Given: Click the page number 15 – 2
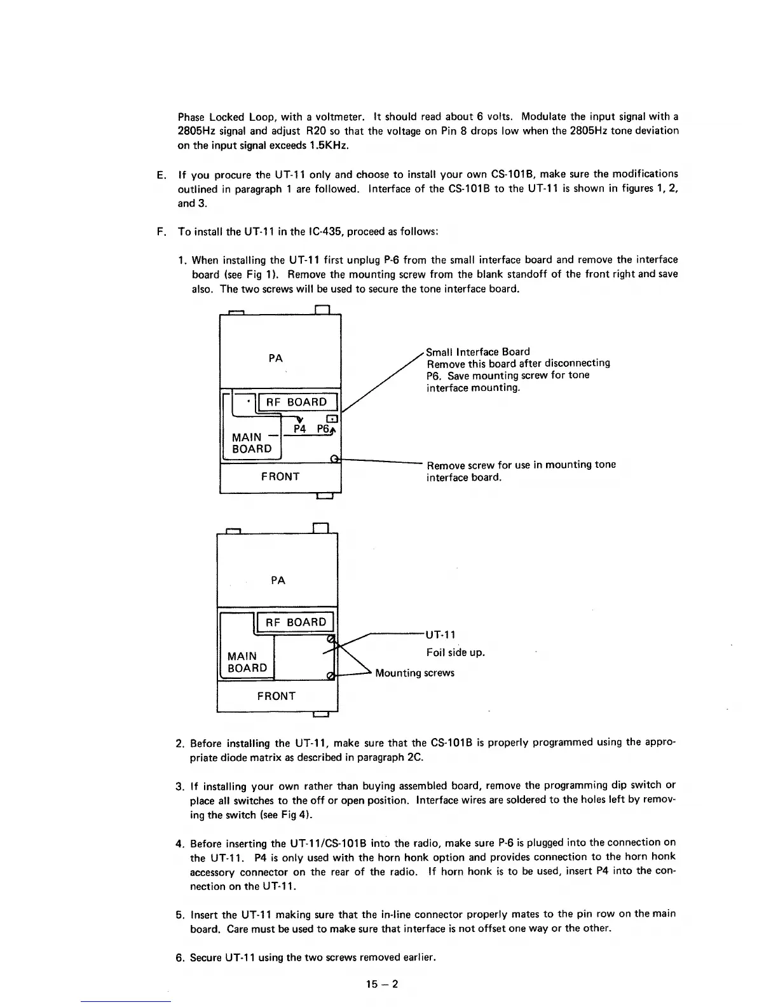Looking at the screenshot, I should tap(381, 985).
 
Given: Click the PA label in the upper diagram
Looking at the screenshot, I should tap(276, 358).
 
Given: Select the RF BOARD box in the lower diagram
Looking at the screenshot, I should tap(296, 622).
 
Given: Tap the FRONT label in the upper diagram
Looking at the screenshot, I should tap(280, 477).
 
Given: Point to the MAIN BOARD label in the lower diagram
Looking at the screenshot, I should tap(247, 662).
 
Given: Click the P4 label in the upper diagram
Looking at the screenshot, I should tap(301, 429).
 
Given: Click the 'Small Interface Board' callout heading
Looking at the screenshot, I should tap(477, 352).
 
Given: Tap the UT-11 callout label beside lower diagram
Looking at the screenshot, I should tap(440, 634).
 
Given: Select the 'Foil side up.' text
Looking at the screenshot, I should tap(455, 652).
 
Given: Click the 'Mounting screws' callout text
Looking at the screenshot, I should tap(414, 673).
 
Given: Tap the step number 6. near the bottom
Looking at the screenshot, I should tap(180, 957).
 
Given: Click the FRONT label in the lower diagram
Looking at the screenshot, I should tap(276, 696).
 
